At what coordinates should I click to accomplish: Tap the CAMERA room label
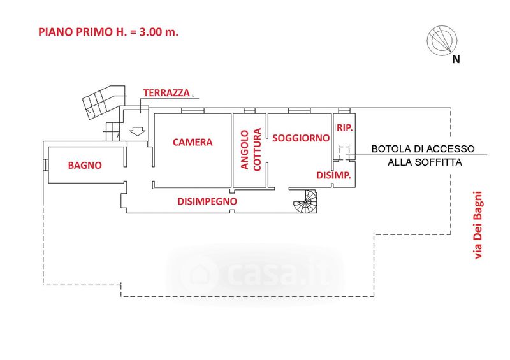pyautogui.click(x=193, y=143)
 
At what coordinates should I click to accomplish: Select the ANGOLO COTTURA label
pyautogui.click(x=251, y=150)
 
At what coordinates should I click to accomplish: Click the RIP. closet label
pyautogui.click(x=345, y=127)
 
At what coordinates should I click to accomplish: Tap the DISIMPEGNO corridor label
pyautogui.click(x=207, y=201)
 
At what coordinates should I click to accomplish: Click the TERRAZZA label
pyautogui.click(x=166, y=93)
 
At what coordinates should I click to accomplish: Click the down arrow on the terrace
pyautogui.click(x=136, y=132)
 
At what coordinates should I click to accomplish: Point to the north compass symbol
pyautogui.click(x=442, y=40)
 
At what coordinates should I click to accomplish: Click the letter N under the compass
pyautogui.click(x=456, y=60)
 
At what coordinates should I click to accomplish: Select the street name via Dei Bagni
pyautogui.click(x=478, y=226)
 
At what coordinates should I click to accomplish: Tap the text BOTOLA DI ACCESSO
pyautogui.click(x=423, y=149)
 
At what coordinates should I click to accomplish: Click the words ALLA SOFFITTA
pyautogui.click(x=425, y=162)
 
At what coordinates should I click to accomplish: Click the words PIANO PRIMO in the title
pyautogui.click(x=69, y=32)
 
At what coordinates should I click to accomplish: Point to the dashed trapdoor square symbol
pyautogui.click(x=344, y=153)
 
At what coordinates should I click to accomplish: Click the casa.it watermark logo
pyautogui.click(x=255, y=273)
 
